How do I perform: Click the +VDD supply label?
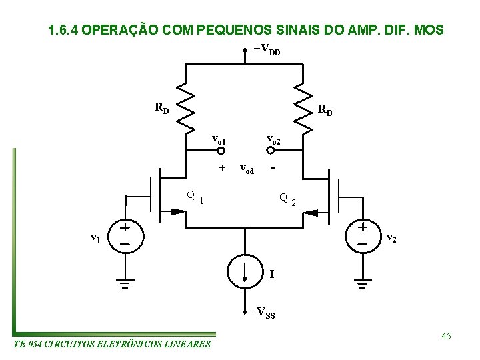point(267,49)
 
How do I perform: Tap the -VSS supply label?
point(263,313)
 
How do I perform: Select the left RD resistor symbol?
point(185,109)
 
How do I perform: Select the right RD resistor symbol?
point(302,109)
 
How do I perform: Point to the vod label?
point(246,169)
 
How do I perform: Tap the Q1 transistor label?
point(195,197)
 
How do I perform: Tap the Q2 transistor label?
point(287,199)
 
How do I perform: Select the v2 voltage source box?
point(361,235)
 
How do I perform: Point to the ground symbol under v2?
point(361,287)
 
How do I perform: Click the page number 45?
point(446,336)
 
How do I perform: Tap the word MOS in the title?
point(428,31)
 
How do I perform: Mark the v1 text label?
point(96,237)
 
